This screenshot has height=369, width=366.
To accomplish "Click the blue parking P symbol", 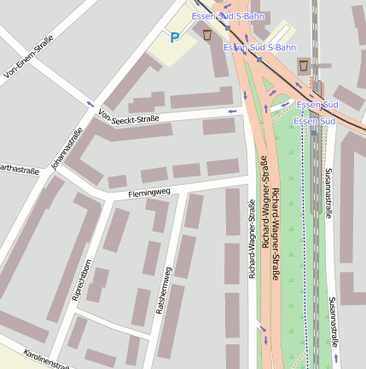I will pyautogui.click(x=175, y=37).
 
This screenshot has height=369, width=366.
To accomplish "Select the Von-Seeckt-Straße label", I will pyautogui.click(x=129, y=118).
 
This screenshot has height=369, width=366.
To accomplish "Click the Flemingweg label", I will pyautogui.click(x=149, y=193).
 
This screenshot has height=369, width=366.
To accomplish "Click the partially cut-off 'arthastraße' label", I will pyautogui.click(x=19, y=169).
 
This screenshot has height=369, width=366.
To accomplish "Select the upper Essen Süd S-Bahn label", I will pyautogui.click(x=228, y=16).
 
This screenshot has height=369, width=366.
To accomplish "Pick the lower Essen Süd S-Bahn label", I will pyautogui.click(x=259, y=47).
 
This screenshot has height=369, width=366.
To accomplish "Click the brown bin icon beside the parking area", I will pyautogui.click(x=207, y=35).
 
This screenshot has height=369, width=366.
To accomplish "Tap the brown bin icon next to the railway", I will pyautogui.click(x=305, y=66).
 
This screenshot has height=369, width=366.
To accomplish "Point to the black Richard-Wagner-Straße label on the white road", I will pyautogui.click(x=252, y=240).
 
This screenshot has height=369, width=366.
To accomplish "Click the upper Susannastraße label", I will pyautogui.click(x=328, y=193).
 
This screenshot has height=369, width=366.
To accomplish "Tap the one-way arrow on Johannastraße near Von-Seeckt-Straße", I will pyautogui.click(x=91, y=104).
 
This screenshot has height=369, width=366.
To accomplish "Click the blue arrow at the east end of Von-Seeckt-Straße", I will pyautogui.click(x=231, y=112).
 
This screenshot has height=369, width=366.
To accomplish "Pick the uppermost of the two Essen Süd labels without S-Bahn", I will pyautogui.click(x=317, y=104).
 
